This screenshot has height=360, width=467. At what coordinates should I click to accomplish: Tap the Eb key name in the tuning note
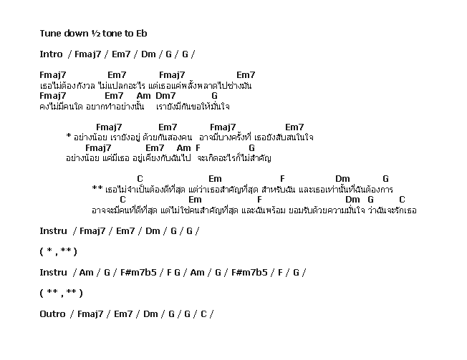(142, 34)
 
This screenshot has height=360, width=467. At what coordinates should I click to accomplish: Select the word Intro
(52, 54)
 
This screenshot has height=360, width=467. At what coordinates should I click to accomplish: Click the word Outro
(52, 314)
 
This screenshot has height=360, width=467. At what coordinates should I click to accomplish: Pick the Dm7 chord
(165, 96)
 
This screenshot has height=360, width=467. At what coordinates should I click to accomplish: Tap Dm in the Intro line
(148, 54)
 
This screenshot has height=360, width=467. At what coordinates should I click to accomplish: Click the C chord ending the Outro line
(203, 314)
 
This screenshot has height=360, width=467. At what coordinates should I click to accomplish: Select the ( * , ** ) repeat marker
(59, 252)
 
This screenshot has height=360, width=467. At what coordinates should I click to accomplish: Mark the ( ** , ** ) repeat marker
(61, 293)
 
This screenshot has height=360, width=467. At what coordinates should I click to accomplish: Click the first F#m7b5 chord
(138, 272)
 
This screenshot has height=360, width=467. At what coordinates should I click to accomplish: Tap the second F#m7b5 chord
(249, 272)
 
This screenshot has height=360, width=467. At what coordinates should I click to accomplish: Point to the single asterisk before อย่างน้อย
(69, 137)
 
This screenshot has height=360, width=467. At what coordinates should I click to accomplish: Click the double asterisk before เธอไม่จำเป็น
(97, 188)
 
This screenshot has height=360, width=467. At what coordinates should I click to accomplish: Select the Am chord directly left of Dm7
(143, 96)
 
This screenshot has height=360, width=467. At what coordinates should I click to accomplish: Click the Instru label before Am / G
(53, 272)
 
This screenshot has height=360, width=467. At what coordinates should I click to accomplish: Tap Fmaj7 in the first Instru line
(92, 231)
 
